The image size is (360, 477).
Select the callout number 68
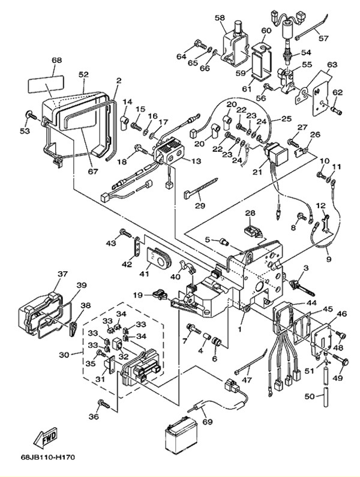(x=57, y=61)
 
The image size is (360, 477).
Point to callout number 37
(x=62, y=274)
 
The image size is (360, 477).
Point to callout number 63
(x=332, y=64)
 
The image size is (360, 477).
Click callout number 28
(x=250, y=214)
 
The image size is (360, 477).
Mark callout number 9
(x=329, y=259)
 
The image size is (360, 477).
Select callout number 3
(x=305, y=268)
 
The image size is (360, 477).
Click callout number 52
(x=83, y=74)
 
